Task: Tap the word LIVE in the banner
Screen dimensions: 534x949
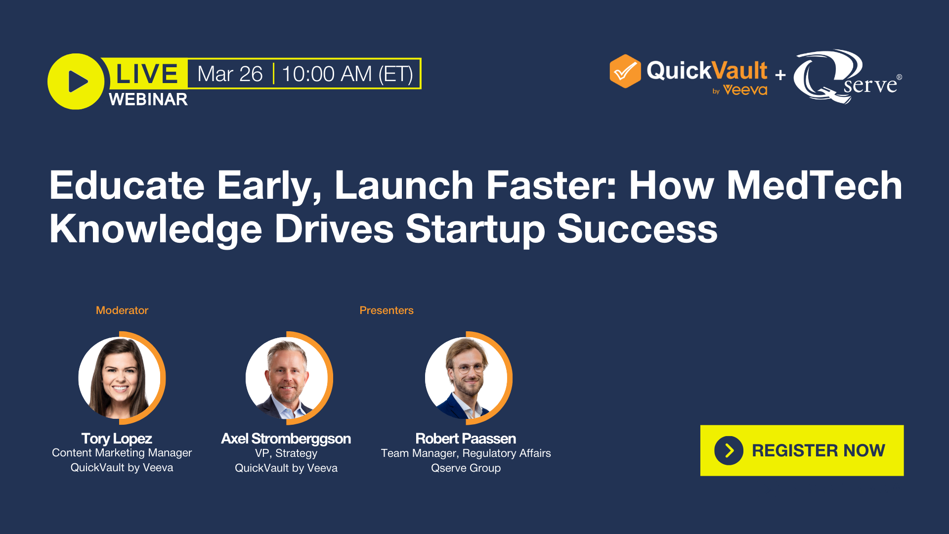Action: click(x=146, y=74)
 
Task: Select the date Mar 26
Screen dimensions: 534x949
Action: click(x=230, y=74)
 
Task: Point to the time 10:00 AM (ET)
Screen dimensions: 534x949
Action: click(x=347, y=74)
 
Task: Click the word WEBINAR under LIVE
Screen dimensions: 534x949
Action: click(x=148, y=99)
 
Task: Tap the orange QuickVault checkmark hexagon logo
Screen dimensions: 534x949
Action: click(x=625, y=71)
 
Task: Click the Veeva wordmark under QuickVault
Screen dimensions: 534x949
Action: click(x=745, y=90)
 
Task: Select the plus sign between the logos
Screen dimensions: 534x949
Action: click(x=780, y=75)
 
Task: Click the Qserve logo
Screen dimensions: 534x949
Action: click(x=846, y=77)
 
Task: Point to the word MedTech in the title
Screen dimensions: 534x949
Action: click(x=814, y=185)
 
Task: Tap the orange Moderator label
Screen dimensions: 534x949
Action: click(x=122, y=311)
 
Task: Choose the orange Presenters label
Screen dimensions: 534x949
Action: click(x=386, y=311)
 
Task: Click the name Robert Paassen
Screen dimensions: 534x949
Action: click(x=465, y=439)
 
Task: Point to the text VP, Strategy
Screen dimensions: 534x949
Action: click(x=286, y=453)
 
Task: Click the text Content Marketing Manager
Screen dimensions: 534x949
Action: click(x=122, y=452)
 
